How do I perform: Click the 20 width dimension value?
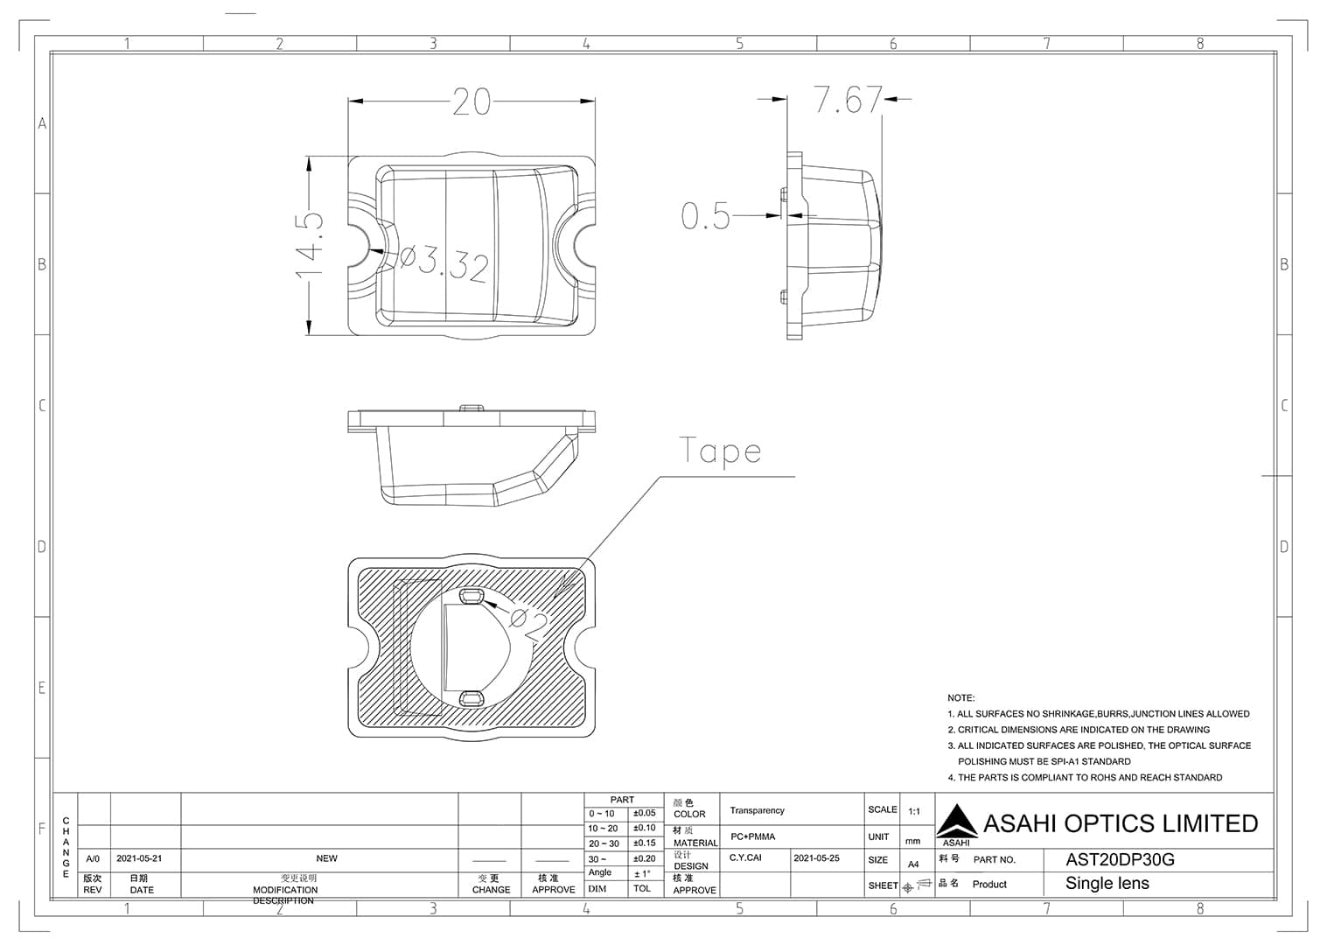click(x=471, y=102)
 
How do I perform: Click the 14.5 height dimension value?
click(x=310, y=245)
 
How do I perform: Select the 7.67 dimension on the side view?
click(x=848, y=100)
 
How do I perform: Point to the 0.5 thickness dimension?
click(x=705, y=215)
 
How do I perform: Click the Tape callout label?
click(x=720, y=451)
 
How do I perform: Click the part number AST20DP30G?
click(x=1120, y=859)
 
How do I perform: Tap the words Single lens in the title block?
click(x=1107, y=884)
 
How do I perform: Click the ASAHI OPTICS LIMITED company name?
click(x=1120, y=823)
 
